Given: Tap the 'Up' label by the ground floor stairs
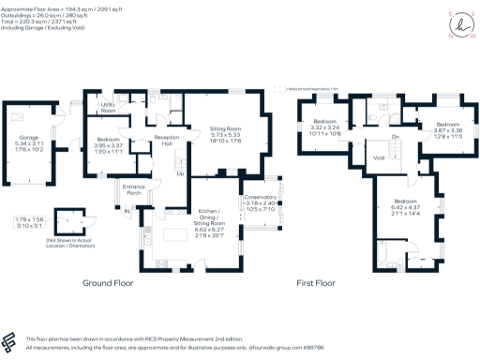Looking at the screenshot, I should [180, 174].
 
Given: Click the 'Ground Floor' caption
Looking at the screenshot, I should [108, 282].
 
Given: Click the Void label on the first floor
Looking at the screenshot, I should [379, 157].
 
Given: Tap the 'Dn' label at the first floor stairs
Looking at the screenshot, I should [396, 137].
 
